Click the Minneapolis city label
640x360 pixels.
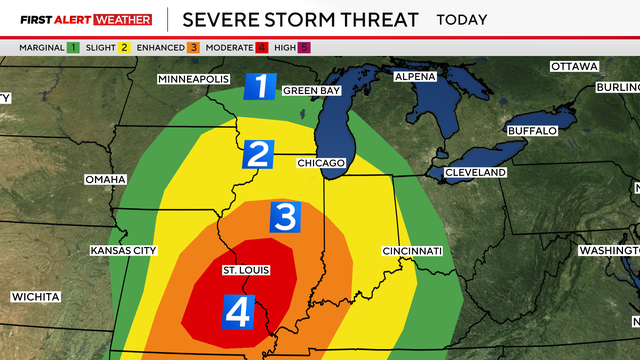194,79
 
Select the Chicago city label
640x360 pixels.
321,162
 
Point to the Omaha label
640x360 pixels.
105,179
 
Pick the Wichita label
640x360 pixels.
35,297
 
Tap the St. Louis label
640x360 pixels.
245,270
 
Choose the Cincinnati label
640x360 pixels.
411,250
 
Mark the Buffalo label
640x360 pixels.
532,131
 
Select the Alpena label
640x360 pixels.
415,77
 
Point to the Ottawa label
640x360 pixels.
574,66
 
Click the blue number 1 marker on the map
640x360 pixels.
261,87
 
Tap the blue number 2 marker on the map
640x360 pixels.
258,155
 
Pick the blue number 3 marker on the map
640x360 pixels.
285,215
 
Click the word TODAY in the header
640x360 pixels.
462,19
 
